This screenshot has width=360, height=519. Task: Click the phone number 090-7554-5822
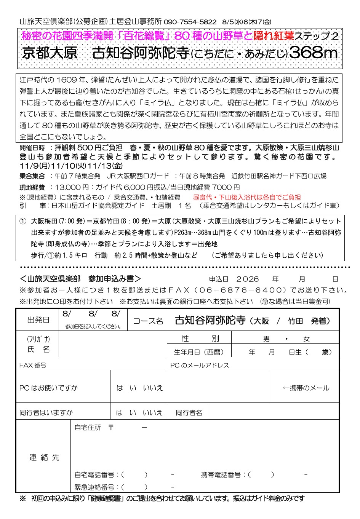pos(190,22)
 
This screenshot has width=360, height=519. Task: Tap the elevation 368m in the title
pos(314,53)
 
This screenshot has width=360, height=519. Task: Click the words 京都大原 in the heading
pos(50,53)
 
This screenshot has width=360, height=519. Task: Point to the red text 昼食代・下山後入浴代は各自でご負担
pos(247,197)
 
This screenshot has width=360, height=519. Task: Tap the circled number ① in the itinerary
pos(23,221)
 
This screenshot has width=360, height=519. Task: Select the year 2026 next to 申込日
pos(247,279)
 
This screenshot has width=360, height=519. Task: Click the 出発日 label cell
pos(38,320)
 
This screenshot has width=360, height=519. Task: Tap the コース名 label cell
pos(148,321)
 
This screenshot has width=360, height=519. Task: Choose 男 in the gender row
pos(266,339)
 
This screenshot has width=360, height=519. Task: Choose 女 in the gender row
pos(306,339)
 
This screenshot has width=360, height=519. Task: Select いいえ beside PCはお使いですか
pos(153,388)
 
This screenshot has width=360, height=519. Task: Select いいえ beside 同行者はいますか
pos(153,413)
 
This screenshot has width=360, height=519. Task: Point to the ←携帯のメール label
pos(306,388)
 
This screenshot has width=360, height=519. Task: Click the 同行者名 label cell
pos(189,413)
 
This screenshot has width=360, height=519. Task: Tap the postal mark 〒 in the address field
pos(111,428)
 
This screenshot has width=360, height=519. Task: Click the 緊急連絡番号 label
pos(94,487)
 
